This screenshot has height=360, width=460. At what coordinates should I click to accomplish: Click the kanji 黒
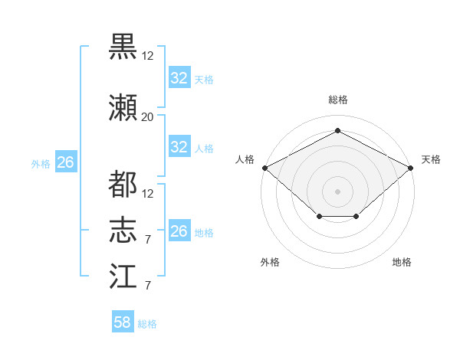[x=123, y=47]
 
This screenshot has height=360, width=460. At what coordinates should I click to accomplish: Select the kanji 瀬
[x=123, y=107]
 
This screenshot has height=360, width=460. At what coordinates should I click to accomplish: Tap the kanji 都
[x=123, y=184]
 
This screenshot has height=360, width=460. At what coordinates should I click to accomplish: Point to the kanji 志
[x=123, y=230]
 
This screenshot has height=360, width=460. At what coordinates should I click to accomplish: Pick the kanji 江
[x=123, y=276]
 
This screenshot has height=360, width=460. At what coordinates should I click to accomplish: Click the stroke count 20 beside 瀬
[x=147, y=117]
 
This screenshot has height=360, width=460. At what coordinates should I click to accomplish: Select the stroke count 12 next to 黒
[x=147, y=56]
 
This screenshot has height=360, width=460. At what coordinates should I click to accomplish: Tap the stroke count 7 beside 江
[x=148, y=286]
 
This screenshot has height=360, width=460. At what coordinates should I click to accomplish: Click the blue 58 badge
[x=123, y=321]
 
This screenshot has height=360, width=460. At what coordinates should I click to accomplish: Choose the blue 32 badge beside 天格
[x=179, y=77]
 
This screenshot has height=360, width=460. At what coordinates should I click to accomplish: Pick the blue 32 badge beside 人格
[x=179, y=146]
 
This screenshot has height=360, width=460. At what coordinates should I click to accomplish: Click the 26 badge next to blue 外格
[x=66, y=162]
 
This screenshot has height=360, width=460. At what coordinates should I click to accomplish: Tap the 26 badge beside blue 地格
[x=179, y=230]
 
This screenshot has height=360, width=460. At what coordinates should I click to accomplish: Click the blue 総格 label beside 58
[x=147, y=324]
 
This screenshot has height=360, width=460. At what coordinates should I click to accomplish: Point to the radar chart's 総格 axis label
[x=338, y=100]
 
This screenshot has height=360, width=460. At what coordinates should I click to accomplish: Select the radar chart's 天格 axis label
[x=431, y=159]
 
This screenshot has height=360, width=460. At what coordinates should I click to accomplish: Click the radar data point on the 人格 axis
[x=265, y=168]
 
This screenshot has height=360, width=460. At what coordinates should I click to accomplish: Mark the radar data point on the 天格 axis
[x=411, y=168]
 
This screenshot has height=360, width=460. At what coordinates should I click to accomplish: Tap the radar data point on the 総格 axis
[x=338, y=130]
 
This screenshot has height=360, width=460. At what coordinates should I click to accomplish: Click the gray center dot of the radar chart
[x=337, y=191]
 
